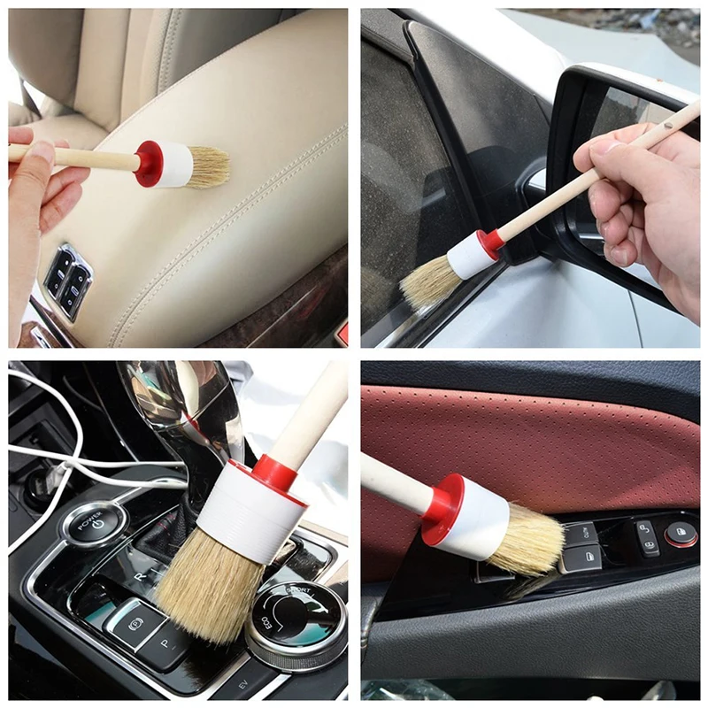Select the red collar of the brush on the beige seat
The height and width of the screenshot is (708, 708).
[149, 164]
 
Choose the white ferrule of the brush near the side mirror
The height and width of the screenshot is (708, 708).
[469, 256]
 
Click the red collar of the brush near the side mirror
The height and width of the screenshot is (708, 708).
[490, 241]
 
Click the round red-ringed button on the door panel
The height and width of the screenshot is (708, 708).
[680, 534]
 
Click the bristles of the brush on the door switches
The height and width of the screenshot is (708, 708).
[526, 541]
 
